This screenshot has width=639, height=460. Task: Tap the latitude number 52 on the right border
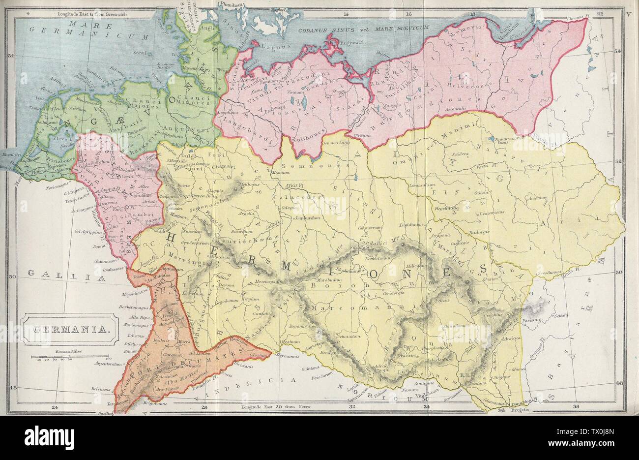[620, 160]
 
